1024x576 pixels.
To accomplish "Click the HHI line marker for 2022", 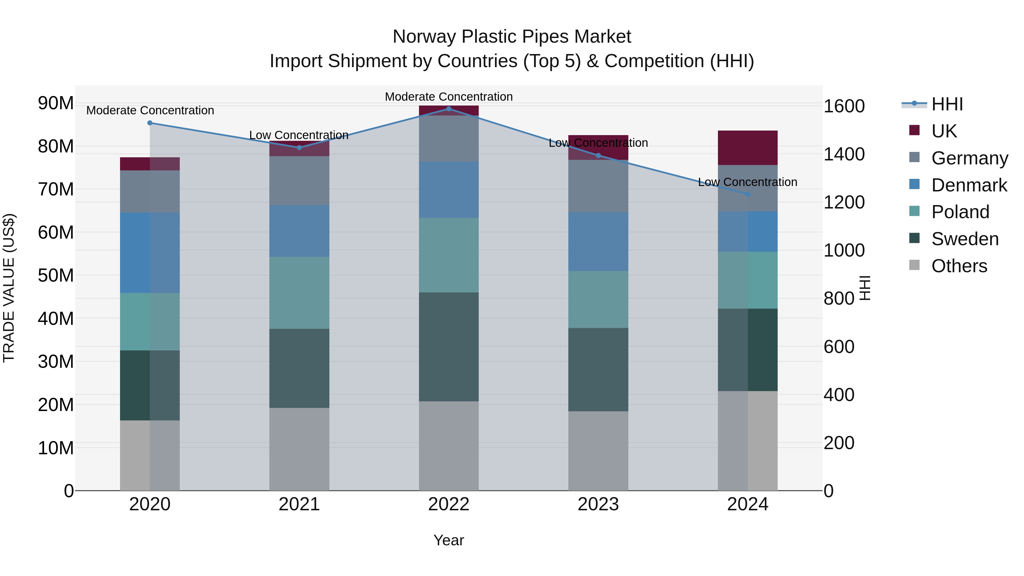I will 449,109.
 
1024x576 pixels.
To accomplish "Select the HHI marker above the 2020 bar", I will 150,123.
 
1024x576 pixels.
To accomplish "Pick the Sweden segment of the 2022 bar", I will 449,347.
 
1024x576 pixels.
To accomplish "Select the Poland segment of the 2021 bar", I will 299,293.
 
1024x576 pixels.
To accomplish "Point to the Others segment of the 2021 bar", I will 299,449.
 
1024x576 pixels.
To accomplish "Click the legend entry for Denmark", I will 969,185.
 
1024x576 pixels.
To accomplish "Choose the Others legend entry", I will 959,266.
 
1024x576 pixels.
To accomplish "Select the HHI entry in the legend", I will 947,104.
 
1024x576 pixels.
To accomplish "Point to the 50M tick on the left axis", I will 56,275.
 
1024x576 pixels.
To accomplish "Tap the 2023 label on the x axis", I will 598,504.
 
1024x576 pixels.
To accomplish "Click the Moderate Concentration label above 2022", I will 449,97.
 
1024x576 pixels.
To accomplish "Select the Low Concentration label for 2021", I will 299,135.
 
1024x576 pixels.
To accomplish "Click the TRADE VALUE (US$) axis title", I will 9,288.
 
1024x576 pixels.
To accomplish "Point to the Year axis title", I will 449,540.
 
